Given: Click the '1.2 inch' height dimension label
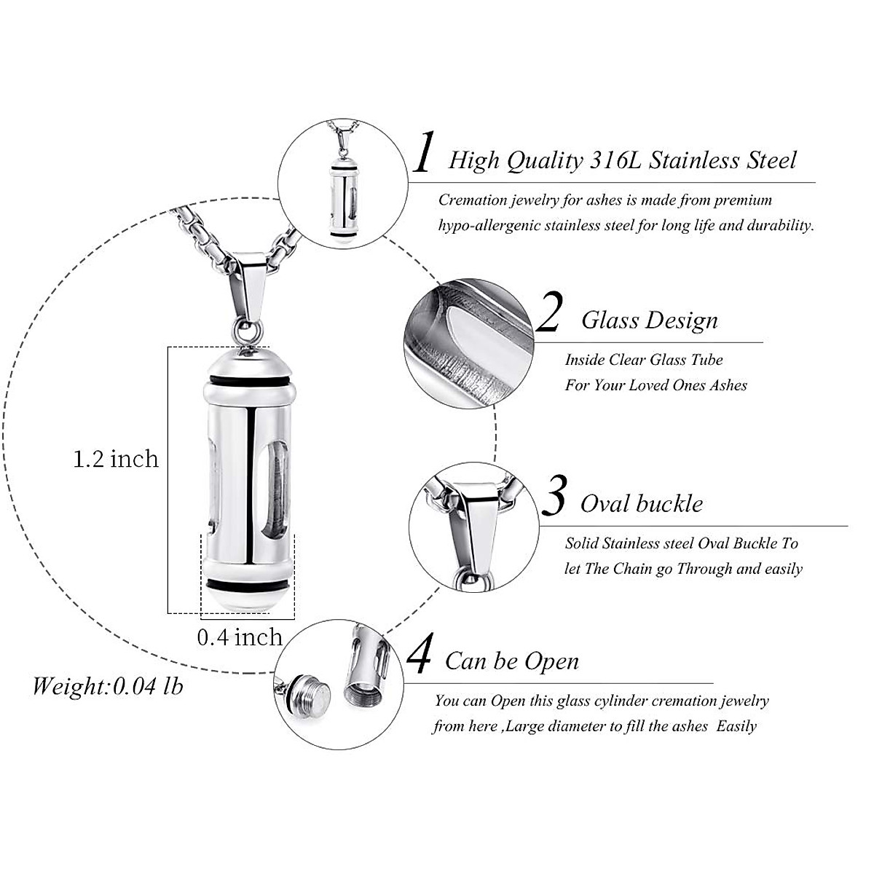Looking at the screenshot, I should (x=116, y=459).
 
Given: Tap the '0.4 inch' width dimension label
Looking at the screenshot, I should (x=240, y=637).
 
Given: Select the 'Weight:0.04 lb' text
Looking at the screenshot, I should (x=108, y=685).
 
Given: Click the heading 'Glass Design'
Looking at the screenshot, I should (x=649, y=320).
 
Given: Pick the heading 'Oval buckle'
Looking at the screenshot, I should (x=641, y=504).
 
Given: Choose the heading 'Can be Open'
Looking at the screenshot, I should (x=512, y=661).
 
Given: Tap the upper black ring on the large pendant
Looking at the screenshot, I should (x=251, y=382).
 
